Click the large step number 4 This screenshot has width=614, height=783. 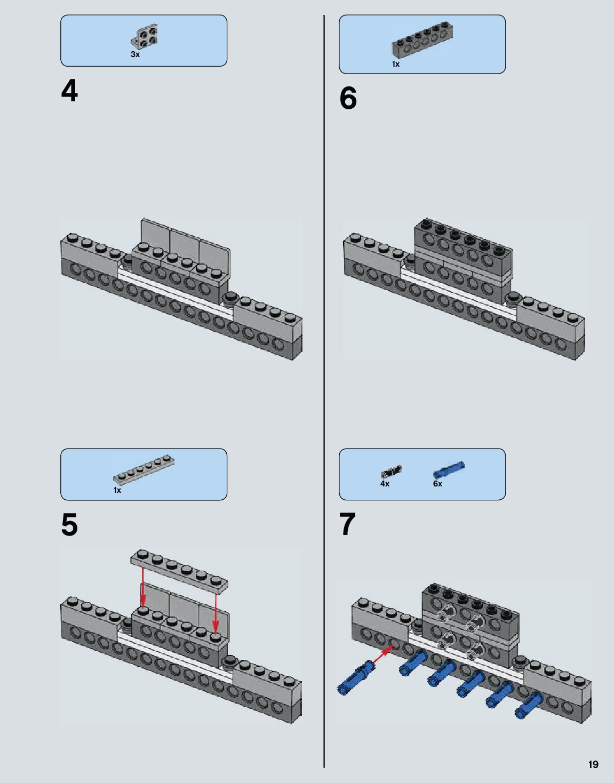[69, 92]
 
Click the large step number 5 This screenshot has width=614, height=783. [69, 525]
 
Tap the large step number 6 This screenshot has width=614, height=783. [348, 98]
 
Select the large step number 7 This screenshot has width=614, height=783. [347, 525]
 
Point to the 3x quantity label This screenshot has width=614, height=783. [135, 54]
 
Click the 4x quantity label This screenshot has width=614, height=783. [385, 484]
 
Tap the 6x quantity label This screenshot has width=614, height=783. [437, 484]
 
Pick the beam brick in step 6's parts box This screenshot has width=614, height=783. [422, 41]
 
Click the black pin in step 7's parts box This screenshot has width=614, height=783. [392, 470]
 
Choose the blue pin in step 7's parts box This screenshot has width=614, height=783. [449, 469]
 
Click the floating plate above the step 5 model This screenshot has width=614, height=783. [179, 571]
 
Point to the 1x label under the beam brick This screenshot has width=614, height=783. [396, 64]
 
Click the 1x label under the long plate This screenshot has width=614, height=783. [117, 490]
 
